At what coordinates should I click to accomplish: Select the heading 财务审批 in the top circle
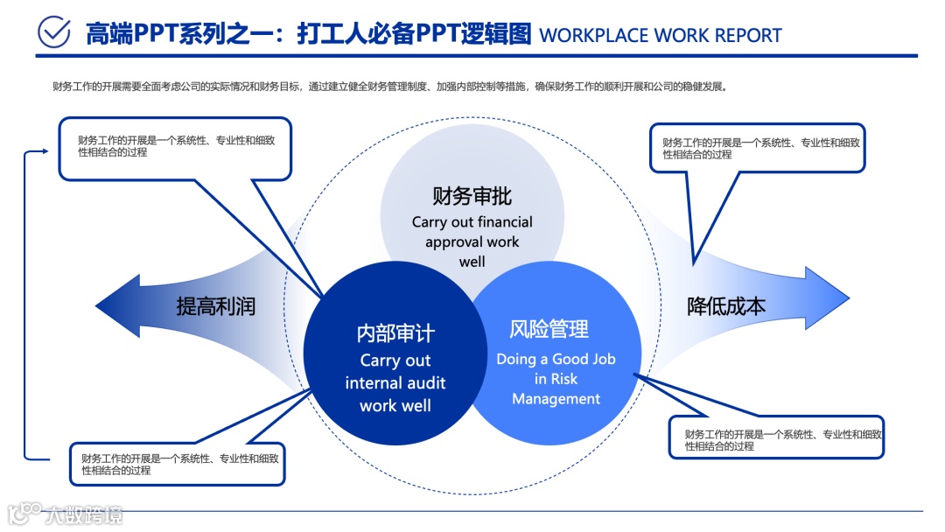(x=472, y=195)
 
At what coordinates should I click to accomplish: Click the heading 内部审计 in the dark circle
(x=395, y=333)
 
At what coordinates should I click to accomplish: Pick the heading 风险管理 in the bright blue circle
(x=549, y=329)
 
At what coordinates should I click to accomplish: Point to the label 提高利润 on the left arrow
(x=216, y=306)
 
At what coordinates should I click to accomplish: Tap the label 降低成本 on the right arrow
(x=726, y=306)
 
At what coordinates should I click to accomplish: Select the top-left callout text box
(x=174, y=148)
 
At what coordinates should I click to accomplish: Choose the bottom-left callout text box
(x=178, y=464)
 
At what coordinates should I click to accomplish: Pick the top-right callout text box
(x=757, y=147)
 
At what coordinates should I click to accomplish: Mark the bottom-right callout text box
(x=776, y=437)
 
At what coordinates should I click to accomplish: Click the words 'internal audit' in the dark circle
(x=395, y=382)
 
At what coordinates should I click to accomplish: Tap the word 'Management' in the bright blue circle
(x=556, y=398)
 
